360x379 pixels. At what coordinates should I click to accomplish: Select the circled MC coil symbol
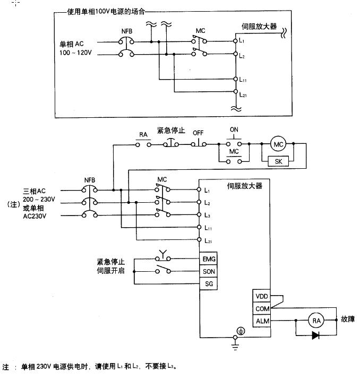[x=278, y=144]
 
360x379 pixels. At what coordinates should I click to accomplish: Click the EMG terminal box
[x=208, y=260]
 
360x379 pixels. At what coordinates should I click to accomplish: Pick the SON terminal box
[x=208, y=271]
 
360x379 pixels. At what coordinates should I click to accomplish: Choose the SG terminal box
[x=208, y=283]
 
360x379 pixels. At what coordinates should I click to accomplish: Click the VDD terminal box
[x=262, y=297]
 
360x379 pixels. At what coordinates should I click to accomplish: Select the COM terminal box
[x=262, y=308]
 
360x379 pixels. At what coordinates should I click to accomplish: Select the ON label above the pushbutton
[x=234, y=130]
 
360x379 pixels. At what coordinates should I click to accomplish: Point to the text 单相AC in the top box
[x=72, y=43]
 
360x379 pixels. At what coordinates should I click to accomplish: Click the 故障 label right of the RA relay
[x=349, y=320]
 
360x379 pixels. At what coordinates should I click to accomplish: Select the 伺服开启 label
[x=111, y=271]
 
